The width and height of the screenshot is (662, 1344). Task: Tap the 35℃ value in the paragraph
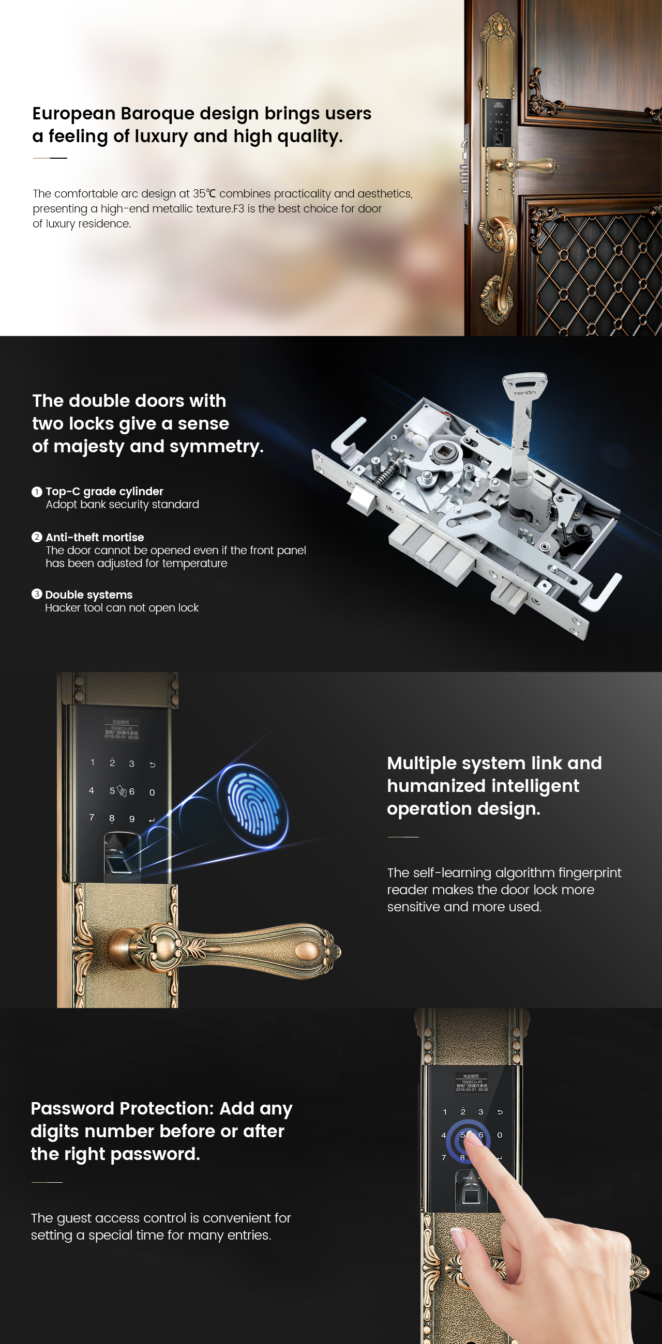coord(204,193)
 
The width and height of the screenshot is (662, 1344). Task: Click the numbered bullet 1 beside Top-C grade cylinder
coord(37,492)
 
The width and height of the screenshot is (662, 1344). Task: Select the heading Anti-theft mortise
coord(95,537)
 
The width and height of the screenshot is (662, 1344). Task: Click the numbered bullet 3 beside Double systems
coord(37,594)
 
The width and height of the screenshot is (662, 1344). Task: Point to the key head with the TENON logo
coord(525,387)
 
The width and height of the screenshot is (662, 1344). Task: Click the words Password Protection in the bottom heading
coord(122,1108)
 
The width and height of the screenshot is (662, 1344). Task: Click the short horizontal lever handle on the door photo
coord(528,166)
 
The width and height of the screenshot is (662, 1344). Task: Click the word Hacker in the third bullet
coord(62,607)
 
